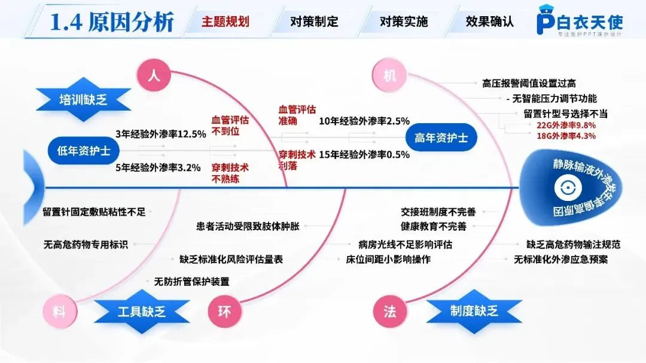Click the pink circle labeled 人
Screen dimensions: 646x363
(x=153, y=76)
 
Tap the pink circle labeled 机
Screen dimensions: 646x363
(x=389, y=76)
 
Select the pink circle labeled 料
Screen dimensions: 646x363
(x=59, y=312)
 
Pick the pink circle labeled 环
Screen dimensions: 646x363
(x=224, y=312)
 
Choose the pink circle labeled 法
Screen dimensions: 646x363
(x=389, y=312)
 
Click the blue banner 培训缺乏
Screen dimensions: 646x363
(x=83, y=99)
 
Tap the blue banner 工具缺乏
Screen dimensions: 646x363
(x=141, y=311)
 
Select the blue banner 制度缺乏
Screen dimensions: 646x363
(x=474, y=311)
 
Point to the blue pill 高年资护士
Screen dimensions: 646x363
(x=441, y=138)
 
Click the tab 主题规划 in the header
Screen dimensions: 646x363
(x=225, y=22)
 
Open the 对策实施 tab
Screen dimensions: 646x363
(x=404, y=22)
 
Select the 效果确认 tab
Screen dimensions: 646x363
(x=490, y=22)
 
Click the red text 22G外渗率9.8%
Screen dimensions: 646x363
(x=566, y=126)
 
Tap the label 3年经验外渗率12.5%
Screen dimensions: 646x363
(x=160, y=134)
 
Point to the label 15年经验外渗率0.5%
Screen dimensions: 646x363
(x=364, y=154)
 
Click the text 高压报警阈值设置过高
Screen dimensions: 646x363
(x=529, y=83)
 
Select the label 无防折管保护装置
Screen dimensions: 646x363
(x=191, y=281)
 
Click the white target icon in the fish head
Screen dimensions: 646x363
(x=563, y=188)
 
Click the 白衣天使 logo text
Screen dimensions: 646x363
(x=589, y=22)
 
